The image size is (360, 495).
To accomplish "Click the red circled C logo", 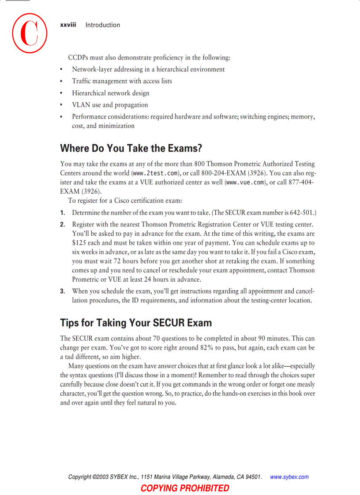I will click(x=30, y=33).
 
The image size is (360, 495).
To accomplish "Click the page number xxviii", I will click(x=68, y=25).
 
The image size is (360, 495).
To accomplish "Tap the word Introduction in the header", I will click(x=102, y=25).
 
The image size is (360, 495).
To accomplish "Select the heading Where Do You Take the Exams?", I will click(x=131, y=148).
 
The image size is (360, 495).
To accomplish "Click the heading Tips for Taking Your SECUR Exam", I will click(x=136, y=323).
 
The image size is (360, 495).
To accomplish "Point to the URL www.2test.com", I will click(x=155, y=173).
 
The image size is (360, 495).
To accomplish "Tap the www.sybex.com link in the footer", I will click(x=289, y=477).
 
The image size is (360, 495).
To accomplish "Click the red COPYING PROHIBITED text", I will click(x=185, y=488).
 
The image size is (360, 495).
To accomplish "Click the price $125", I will click(x=79, y=243).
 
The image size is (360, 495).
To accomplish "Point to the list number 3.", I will click(x=63, y=291).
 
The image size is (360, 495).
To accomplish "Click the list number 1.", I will click(x=63, y=212).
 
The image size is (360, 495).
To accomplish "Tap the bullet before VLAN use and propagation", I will click(x=62, y=105).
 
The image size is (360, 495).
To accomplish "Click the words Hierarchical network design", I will click(x=111, y=93).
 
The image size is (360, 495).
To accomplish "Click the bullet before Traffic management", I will click(x=62, y=82).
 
